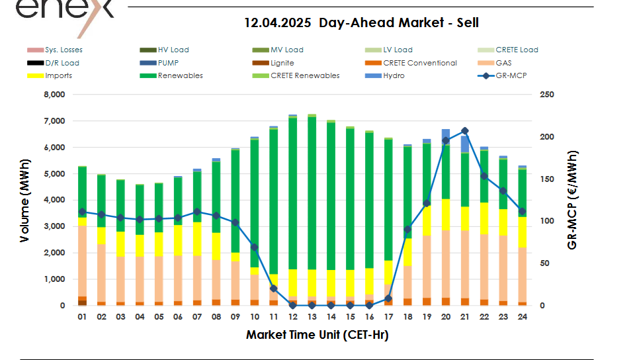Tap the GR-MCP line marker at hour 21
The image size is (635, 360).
[x=465, y=131]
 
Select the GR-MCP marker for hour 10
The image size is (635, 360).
[x=254, y=247]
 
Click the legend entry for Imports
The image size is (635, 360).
[x=58, y=75]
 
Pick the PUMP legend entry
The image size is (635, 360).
[x=169, y=63]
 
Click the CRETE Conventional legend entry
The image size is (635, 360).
[x=419, y=63]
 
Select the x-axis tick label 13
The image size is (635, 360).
[x=312, y=317]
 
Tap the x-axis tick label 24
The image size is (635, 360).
[x=523, y=317]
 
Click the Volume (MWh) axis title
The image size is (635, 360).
[x=25, y=200]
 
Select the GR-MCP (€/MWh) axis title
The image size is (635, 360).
[x=572, y=200]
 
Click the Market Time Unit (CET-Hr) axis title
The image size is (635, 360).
[x=317, y=335]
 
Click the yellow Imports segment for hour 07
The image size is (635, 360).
[x=197, y=238]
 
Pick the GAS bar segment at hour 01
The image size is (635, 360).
[x=82, y=261]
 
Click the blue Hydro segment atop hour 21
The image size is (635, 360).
[x=465, y=144]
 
